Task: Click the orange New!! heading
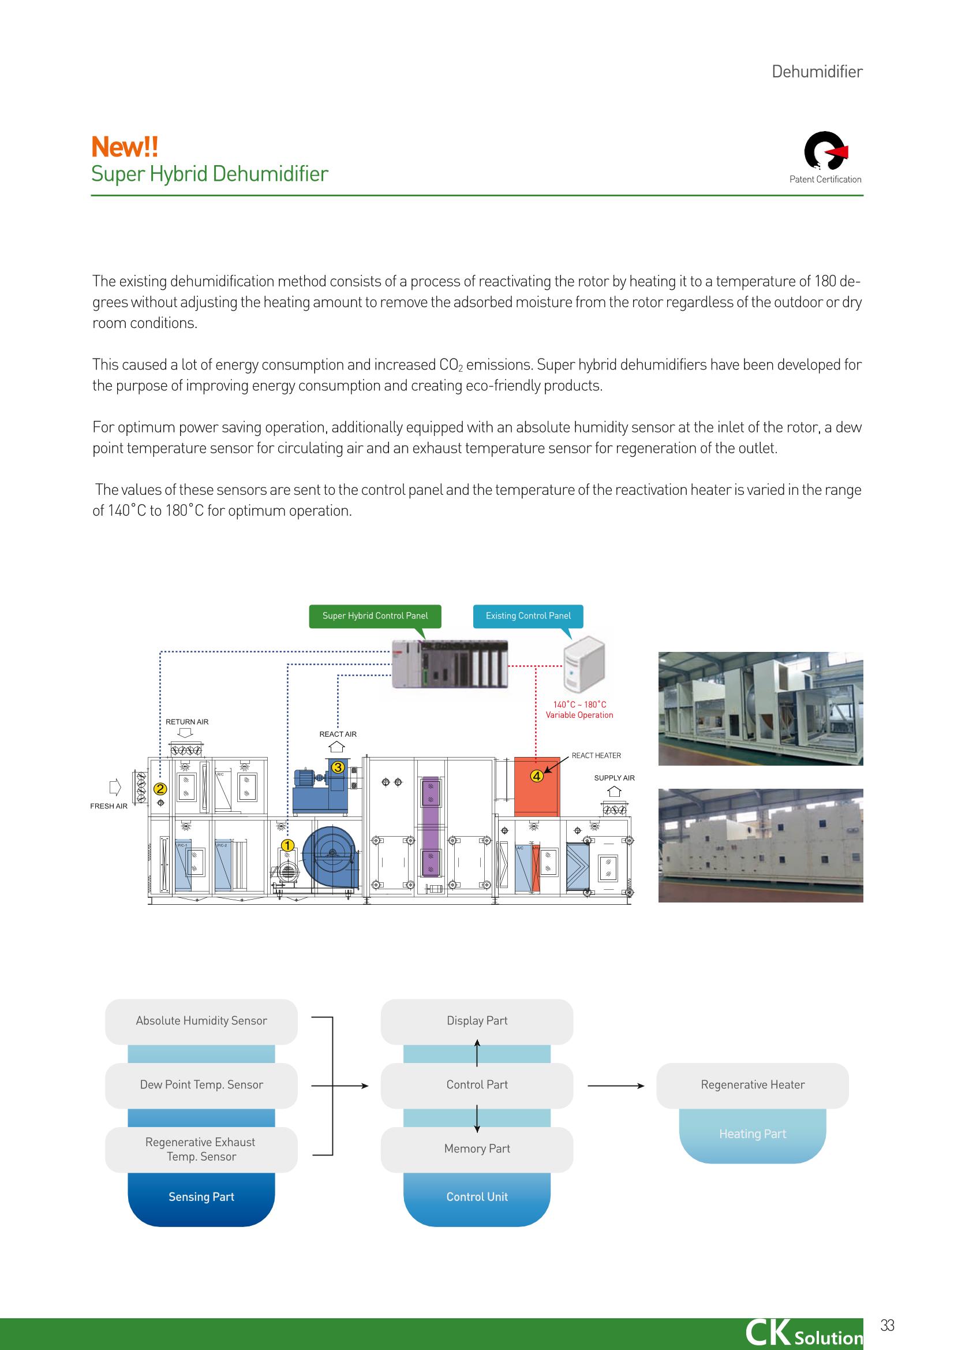coord(125,147)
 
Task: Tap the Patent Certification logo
coord(825,151)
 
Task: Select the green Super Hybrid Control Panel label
coord(375,616)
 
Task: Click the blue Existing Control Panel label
coord(528,616)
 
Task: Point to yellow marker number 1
coord(287,845)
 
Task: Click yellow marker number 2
coord(160,789)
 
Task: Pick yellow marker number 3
coord(338,767)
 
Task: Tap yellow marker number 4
coord(536,776)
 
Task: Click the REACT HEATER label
coord(596,756)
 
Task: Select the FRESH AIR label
coord(109,806)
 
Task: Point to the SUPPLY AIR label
coord(614,778)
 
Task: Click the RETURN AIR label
coord(187,722)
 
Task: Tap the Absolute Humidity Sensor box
coord(201,1021)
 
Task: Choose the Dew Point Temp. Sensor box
coord(201,1086)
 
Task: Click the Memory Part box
coord(477,1150)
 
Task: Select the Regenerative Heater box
coord(753,1086)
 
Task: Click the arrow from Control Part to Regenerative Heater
coord(616,1086)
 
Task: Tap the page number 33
coord(887,1325)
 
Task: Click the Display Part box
coord(477,1021)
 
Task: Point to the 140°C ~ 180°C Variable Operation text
coord(579,710)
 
